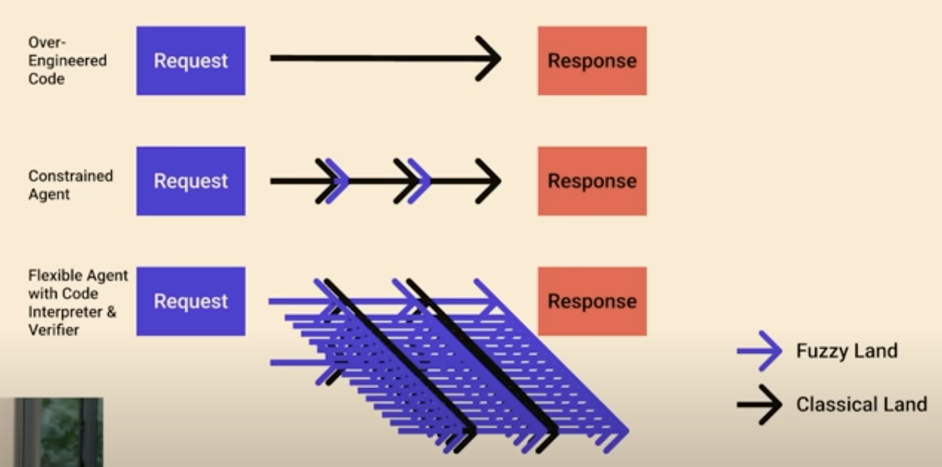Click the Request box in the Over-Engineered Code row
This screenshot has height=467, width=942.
[x=190, y=61]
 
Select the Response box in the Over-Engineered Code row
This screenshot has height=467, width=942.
[x=592, y=61]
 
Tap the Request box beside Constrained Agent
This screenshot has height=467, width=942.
[x=190, y=181]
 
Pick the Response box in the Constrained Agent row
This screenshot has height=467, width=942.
[x=592, y=181]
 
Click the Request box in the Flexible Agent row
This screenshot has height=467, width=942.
[x=190, y=301]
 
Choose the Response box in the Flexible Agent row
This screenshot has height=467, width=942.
[x=592, y=301]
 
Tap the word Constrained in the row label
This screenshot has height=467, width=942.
[x=70, y=175]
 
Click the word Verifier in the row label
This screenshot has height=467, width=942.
[x=54, y=330]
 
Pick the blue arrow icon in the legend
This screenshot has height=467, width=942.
[x=760, y=351]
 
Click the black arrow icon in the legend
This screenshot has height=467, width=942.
[x=760, y=405]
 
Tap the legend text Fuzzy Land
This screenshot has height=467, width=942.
[x=847, y=351]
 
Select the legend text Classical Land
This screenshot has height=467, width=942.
[x=861, y=405]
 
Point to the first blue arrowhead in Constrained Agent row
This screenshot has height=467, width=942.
[x=338, y=181]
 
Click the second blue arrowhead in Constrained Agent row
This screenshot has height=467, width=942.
[x=421, y=181]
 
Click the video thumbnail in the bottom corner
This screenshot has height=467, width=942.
[x=52, y=432]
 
